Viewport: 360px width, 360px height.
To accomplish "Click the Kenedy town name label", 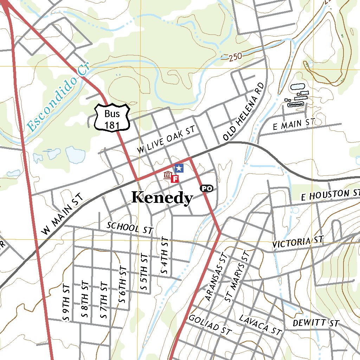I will tap(162, 198).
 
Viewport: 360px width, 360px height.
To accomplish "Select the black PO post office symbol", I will tap(207, 188).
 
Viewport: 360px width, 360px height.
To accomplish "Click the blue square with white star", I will tap(179, 168).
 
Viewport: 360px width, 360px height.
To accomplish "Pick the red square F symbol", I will tap(175, 179).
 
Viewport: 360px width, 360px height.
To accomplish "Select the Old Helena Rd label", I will tap(244, 112).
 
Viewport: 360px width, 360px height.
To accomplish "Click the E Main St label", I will tap(293, 124).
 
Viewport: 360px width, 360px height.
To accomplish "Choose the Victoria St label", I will tap(297, 243).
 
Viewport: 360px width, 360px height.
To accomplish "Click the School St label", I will tap(130, 228).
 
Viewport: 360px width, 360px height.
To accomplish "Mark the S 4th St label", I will tap(165, 256).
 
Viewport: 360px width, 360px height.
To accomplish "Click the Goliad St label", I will tap(210, 324).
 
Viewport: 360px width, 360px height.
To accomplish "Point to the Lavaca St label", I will tap(260, 325).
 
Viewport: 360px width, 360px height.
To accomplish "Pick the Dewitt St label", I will tap(315, 323).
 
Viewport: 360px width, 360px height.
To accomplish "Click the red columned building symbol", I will tap(168, 175).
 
